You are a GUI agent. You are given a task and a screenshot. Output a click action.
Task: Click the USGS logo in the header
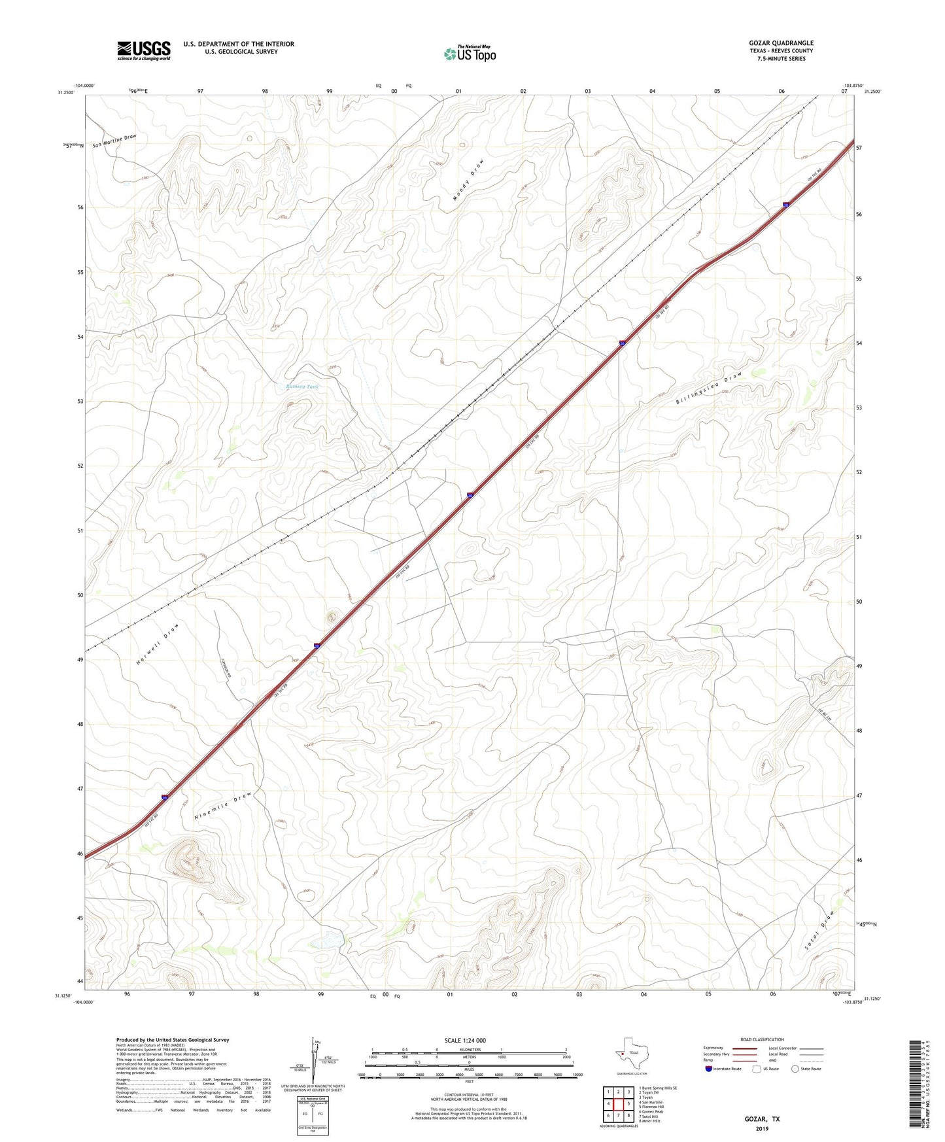tap(144, 50)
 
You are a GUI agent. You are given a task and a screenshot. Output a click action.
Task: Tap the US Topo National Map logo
tap(470, 53)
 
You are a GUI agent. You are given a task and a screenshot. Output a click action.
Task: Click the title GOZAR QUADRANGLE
tap(781, 43)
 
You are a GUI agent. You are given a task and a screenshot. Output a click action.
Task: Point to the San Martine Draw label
tap(114, 141)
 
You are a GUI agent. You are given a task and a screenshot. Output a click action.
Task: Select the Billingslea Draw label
tap(710, 389)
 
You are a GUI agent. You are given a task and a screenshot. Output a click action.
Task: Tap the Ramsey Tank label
tap(303, 387)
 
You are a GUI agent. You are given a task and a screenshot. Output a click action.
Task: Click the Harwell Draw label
tap(158, 644)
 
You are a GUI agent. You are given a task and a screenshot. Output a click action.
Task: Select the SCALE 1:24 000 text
tap(465, 1040)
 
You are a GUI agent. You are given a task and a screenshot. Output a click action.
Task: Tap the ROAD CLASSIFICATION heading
tap(762, 1039)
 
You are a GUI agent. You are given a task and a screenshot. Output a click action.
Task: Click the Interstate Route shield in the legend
tap(710, 1069)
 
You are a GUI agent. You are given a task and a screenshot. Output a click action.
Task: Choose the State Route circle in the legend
tap(795, 1069)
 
